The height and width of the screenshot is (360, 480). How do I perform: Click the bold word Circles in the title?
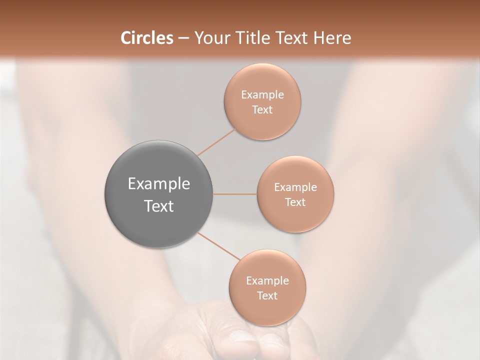[147, 38]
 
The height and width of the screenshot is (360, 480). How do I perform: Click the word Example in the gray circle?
[159, 184]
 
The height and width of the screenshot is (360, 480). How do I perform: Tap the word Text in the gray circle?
[159, 206]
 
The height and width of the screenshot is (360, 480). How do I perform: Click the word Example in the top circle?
[262, 95]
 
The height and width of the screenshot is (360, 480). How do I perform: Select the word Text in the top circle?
[262, 110]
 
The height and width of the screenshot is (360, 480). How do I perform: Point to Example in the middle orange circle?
[295, 187]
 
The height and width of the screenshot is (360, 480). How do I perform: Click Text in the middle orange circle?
[295, 202]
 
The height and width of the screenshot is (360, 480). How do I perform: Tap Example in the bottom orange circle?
[267, 281]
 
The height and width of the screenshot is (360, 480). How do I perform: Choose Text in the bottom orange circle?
[267, 296]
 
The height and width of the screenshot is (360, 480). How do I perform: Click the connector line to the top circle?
[216, 142]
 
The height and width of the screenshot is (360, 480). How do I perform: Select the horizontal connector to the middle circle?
[235, 194]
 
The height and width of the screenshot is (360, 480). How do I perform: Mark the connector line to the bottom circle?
[219, 245]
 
